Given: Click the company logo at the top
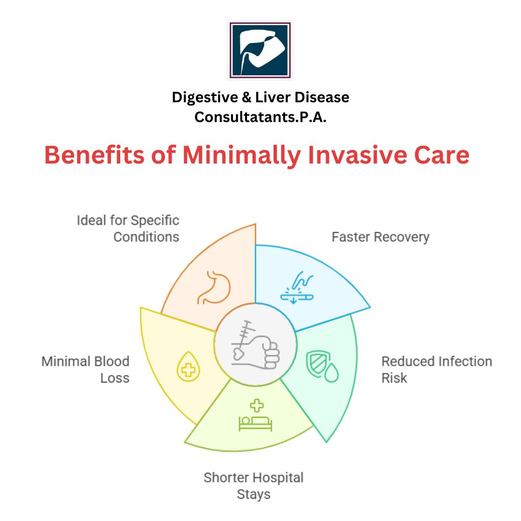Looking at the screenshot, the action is (x=260, y=50).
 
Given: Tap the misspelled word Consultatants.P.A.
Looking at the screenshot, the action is (x=260, y=117).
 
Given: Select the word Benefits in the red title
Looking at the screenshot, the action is (x=95, y=155).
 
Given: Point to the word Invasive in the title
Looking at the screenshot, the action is (x=357, y=155).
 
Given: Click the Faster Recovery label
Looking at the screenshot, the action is (x=381, y=237).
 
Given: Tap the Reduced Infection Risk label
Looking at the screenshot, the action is (x=437, y=370).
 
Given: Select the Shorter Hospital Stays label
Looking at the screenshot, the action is (x=254, y=486).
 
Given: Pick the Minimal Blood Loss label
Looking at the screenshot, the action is (x=85, y=370).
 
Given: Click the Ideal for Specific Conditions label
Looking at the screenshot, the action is (x=128, y=229).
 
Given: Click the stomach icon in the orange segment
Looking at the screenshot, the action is (x=214, y=288).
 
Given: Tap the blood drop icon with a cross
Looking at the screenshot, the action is (x=189, y=367).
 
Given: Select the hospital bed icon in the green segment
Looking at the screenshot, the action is (x=256, y=424).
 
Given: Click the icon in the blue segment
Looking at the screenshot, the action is (x=297, y=288).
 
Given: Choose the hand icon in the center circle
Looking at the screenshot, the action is (x=256, y=345).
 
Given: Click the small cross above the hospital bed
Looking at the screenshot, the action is (x=257, y=406).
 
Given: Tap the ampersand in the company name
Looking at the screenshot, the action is (x=246, y=97).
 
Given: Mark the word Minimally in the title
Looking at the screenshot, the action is (x=242, y=155).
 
